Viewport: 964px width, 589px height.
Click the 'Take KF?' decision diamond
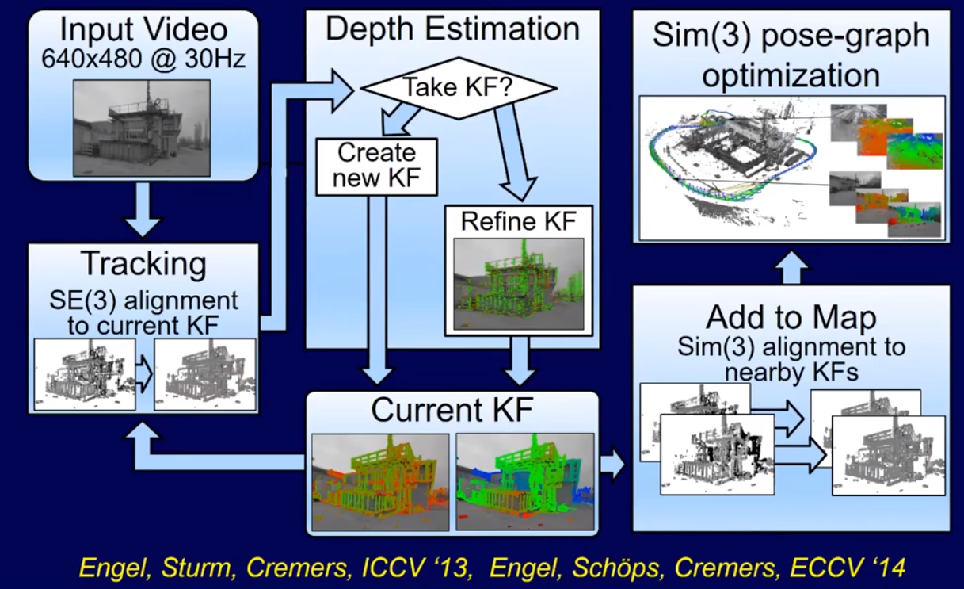pos(459,88)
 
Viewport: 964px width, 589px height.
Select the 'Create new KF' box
pos(376,167)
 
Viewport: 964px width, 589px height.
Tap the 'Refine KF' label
pos(519,221)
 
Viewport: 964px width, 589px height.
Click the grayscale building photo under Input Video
pos(142,128)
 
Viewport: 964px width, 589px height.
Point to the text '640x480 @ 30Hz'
pos(143,59)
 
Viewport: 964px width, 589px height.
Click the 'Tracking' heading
pos(143,263)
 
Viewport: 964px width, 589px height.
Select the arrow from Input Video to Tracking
pos(143,209)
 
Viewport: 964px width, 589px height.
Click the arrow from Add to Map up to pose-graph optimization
pos(792,267)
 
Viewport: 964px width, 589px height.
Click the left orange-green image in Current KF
pos(380,482)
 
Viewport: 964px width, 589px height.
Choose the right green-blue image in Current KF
pos(525,482)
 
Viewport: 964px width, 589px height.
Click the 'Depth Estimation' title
pos(453,29)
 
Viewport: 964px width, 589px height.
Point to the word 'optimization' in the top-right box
pos(791,76)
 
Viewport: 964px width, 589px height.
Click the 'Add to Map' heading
pos(791,318)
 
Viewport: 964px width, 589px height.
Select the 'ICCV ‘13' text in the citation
pos(415,568)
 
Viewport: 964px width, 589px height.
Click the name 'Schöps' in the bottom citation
pos(616,568)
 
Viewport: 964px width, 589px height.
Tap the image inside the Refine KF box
pos(519,284)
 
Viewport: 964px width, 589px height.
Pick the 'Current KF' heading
pos(452,410)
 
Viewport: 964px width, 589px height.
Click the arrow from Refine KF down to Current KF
pos(519,361)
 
